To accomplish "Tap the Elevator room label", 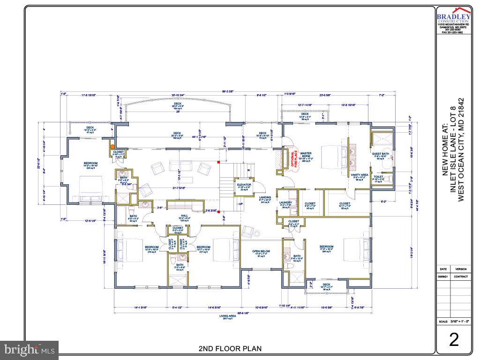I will coord(244,186).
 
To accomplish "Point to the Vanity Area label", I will coord(360,176).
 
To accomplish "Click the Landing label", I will coord(266,199).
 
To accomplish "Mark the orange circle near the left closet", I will coord(112,147).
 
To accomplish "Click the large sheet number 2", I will coord(453,339).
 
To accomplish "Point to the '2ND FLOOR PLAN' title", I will coord(230,348).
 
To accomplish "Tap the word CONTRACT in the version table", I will coord(461,277).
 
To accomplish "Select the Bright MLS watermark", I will coord(30,350).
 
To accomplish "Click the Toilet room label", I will coord(379,178).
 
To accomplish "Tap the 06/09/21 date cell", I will coord(443,277).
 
